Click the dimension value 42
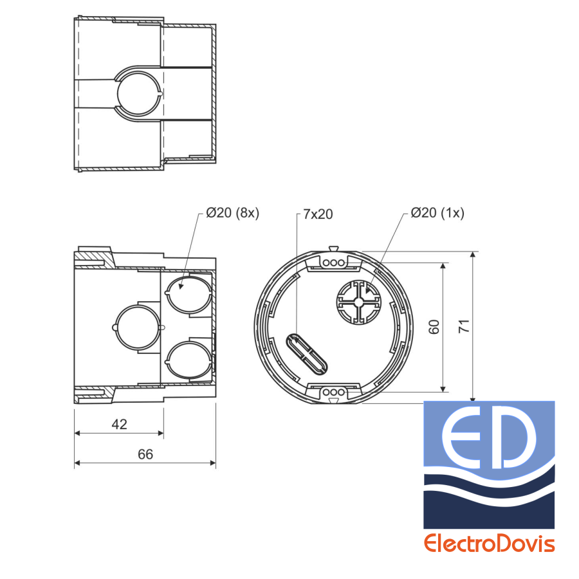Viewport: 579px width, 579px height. click(119, 425)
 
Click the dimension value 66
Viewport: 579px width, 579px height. click(145, 454)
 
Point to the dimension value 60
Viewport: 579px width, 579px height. click(434, 327)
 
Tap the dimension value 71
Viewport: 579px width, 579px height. click(464, 326)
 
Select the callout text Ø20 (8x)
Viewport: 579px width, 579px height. click(233, 213)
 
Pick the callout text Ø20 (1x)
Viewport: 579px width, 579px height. click(437, 213)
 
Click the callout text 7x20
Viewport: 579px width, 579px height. click(318, 214)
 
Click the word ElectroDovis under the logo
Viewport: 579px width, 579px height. click(490, 544)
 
